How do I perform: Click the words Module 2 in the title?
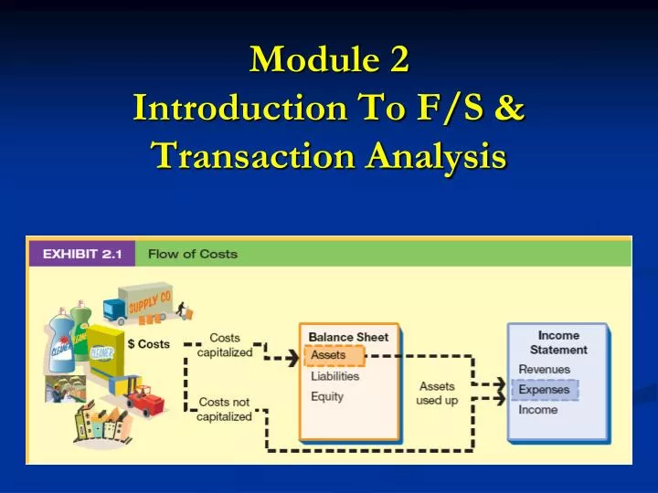coord(329,59)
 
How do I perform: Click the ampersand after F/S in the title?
coord(512,108)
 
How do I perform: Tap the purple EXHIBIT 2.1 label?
coord(81,253)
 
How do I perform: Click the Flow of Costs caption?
coord(193,253)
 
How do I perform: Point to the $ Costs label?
coord(148,344)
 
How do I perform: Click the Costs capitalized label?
coord(224,345)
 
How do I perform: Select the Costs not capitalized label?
coord(224,409)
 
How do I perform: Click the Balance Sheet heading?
coord(348,337)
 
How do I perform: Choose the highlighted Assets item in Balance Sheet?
coord(329,355)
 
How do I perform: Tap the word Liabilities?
coord(335,376)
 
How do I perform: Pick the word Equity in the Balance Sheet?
coord(327,396)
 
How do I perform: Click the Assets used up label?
coord(437,393)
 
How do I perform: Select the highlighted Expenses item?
coord(545,390)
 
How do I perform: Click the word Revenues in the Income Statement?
coord(545,370)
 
